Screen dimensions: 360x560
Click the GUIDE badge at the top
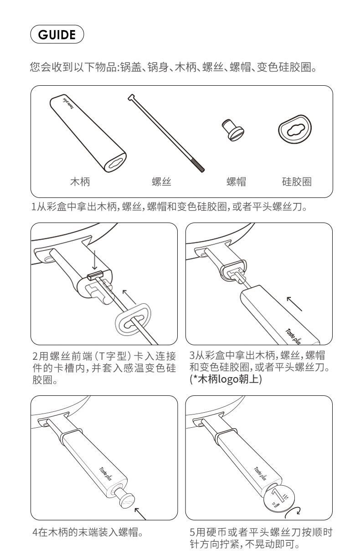pyautogui.click(x=57, y=34)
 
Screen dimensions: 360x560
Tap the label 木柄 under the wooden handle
pyautogui.click(x=80, y=181)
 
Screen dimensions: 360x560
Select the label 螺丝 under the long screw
pyautogui.click(x=161, y=181)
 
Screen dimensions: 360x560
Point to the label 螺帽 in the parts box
pyautogui.click(x=236, y=181)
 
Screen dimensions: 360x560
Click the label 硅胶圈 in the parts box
pyautogui.click(x=297, y=181)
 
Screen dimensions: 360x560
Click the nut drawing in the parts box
pyautogui.click(x=233, y=130)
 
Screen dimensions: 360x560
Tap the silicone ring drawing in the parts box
pyautogui.click(x=295, y=129)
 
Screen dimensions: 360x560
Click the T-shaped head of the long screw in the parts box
pyautogui.click(x=132, y=98)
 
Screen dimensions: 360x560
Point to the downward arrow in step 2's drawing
pyautogui.click(x=94, y=260)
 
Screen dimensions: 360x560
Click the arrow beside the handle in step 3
pyautogui.click(x=294, y=304)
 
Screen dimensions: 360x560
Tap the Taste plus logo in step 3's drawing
pyautogui.click(x=293, y=337)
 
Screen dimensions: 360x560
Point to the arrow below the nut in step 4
pyautogui.click(x=140, y=513)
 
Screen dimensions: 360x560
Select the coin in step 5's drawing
pyautogui.click(x=279, y=498)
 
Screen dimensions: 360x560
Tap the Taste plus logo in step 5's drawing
pyautogui.click(x=260, y=474)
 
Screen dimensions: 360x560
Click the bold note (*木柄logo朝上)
pyautogui.click(x=226, y=379)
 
